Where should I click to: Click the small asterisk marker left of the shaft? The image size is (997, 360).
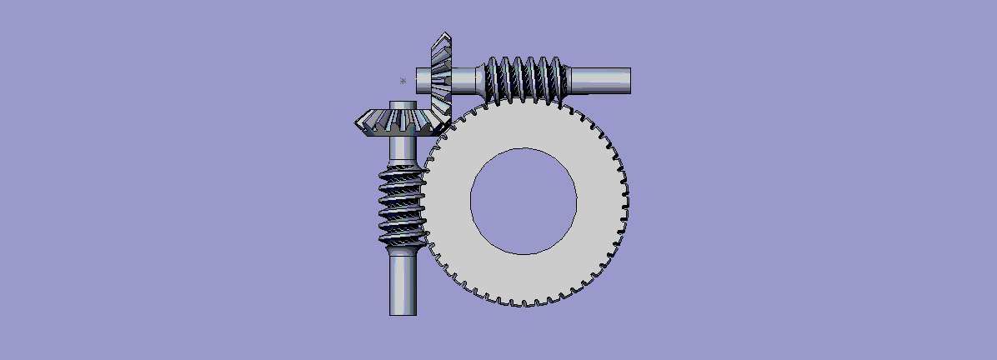(x=403, y=81)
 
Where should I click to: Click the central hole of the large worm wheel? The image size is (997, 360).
(x=524, y=201)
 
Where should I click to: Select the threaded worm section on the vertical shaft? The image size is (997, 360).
(x=403, y=204)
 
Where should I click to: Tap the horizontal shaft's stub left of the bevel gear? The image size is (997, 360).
(x=423, y=80)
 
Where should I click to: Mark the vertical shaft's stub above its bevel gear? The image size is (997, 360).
(x=403, y=105)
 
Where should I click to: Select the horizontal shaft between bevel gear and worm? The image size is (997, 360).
(x=467, y=80)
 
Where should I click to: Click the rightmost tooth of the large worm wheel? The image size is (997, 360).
(x=625, y=201)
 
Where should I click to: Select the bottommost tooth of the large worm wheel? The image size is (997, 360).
(x=524, y=304)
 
